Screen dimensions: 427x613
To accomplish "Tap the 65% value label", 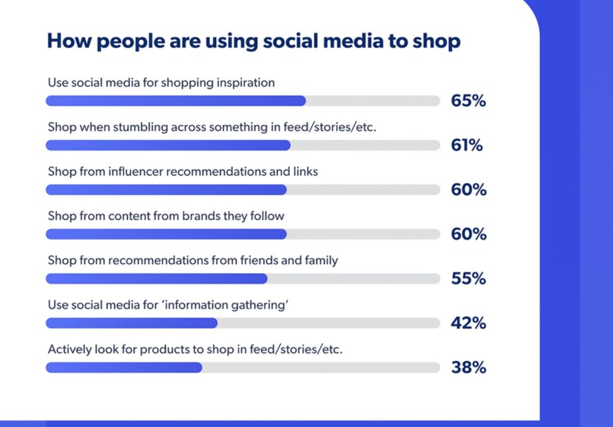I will pyautogui.click(x=468, y=101).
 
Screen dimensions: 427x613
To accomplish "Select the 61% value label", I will pyautogui.click(x=467, y=145).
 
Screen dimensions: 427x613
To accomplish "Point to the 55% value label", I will pyautogui.click(x=468, y=278).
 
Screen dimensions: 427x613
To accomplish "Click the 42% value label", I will pyautogui.click(x=468, y=323).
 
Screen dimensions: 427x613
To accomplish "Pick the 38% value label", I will pyautogui.click(x=468, y=367).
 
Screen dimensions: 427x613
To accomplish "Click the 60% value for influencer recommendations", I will pyautogui.click(x=468, y=190).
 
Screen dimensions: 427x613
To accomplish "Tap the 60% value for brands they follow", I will pyautogui.click(x=468, y=234).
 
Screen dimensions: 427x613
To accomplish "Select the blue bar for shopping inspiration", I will pyautogui.click(x=175, y=101).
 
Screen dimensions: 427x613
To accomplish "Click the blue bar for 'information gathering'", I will pyautogui.click(x=132, y=323).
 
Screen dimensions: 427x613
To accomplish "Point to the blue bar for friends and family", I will pyautogui.click(x=156, y=278).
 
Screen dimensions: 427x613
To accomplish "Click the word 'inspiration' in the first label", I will pyautogui.click(x=242, y=83).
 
